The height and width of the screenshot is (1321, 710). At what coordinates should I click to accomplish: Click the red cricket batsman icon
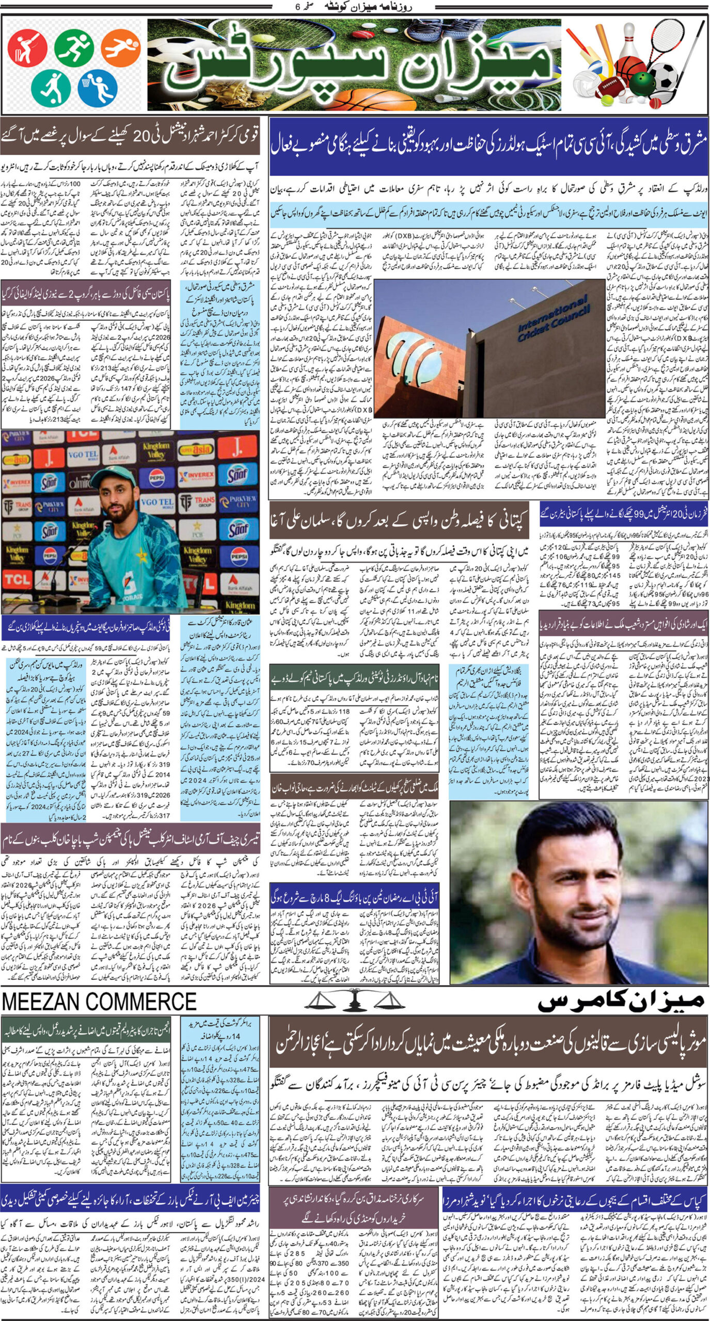click(27, 49)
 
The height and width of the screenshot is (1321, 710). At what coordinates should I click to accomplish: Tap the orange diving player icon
click(120, 47)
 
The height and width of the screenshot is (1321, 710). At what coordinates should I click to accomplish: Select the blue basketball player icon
click(97, 87)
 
